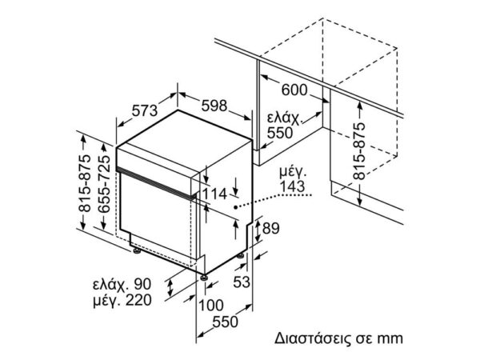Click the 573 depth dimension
tap(145, 110)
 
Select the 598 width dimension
tap(214, 106)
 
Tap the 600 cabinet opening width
tap(294, 90)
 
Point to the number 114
tap(214, 194)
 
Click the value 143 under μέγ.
tap(292, 186)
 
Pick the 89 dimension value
tap(271, 228)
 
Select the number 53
tap(242, 282)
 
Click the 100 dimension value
tap(211, 306)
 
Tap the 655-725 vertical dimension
tap(104, 184)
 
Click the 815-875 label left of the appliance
tap(85, 184)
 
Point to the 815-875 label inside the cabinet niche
tap(359, 151)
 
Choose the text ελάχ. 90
tap(122, 284)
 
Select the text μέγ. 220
tap(122, 300)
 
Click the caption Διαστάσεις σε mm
tap(338, 338)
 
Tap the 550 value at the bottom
tap(225, 322)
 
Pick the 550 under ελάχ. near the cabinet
tap(280, 133)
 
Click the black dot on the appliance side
tap(235, 207)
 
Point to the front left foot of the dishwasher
tap(137, 250)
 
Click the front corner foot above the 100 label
tap(204, 278)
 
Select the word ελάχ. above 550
tap(284, 118)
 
